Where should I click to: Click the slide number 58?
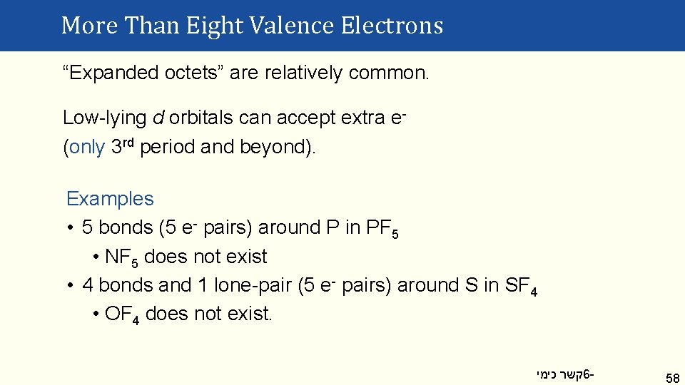point(672,376)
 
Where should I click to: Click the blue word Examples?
point(110,199)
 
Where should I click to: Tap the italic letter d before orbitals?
point(158,118)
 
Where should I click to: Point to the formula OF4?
point(122,314)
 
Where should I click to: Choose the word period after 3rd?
point(168,147)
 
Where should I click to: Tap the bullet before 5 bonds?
point(71,228)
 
